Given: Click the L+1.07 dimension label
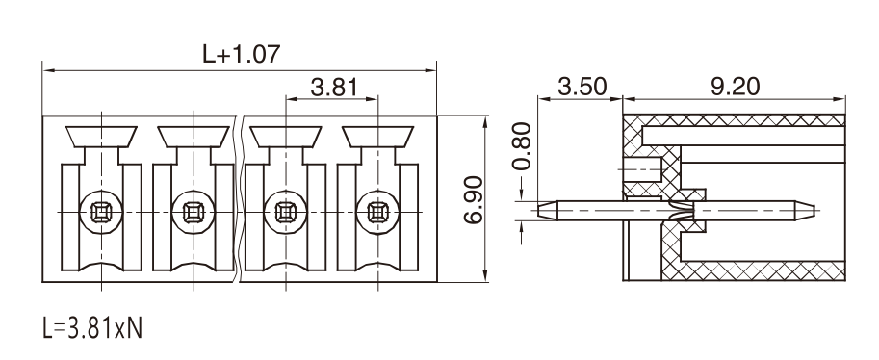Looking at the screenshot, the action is pyautogui.click(x=241, y=54).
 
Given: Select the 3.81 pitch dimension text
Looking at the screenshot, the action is pyautogui.click(x=334, y=88).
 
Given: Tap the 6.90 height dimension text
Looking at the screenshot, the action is pyautogui.click(x=474, y=199).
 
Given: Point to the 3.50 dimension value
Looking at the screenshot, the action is pyautogui.click(x=582, y=87).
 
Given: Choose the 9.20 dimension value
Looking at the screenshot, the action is pyautogui.click(x=736, y=87).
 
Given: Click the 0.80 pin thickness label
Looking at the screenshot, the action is pyautogui.click(x=522, y=145).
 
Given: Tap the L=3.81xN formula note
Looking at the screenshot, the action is pyautogui.click(x=92, y=328).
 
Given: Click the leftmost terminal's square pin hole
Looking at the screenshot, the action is pyautogui.click(x=101, y=213).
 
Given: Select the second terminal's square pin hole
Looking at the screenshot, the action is pyautogui.click(x=194, y=213).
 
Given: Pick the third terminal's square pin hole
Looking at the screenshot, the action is pyautogui.click(x=286, y=213).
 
